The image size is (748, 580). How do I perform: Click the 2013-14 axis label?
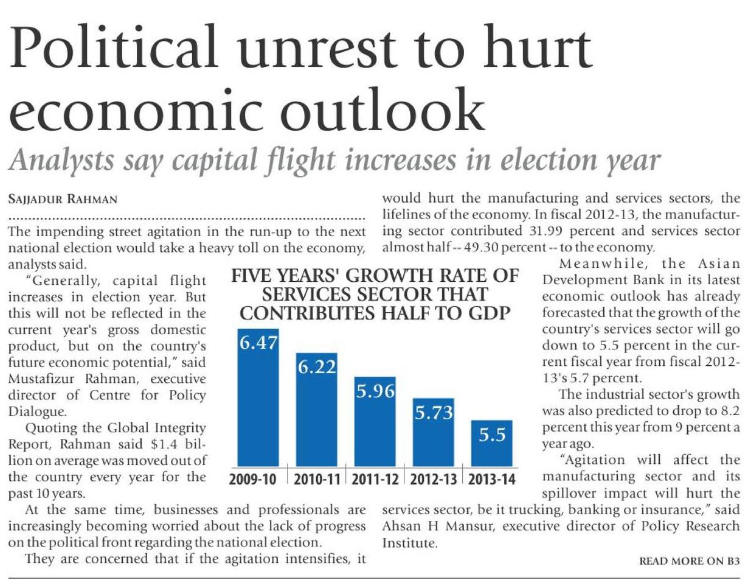click(x=492, y=480)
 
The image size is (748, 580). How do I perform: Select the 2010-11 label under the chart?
click(x=316, y=480)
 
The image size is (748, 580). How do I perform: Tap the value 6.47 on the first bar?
click(x=258, y=343)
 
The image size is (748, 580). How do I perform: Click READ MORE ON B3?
click(x=690, y=562)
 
